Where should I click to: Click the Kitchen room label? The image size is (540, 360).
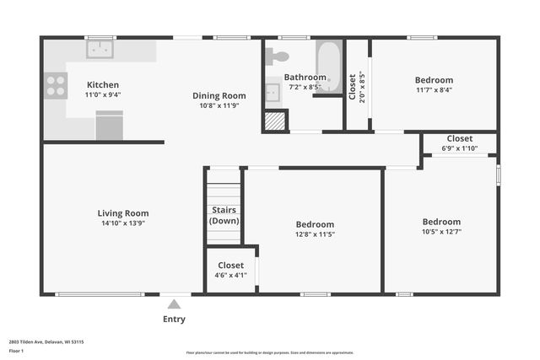[103, 85]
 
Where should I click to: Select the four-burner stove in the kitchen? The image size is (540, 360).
[56, 85]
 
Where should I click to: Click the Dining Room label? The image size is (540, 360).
[219, 96]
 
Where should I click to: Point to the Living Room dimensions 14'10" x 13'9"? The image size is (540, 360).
[123, 223]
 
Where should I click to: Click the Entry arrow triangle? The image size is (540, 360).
[174, 304]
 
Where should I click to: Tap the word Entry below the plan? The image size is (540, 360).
[174, 320]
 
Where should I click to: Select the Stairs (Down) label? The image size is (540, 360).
[224, 215]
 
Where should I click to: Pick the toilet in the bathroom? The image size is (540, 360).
[276, 56]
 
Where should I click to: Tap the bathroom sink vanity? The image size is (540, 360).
[273, 92]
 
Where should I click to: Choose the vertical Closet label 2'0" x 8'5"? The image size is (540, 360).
[357, 85]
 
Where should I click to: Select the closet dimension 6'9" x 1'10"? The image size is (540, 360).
[460, 148]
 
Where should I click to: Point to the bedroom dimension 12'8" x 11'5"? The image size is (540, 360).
[315, 234]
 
